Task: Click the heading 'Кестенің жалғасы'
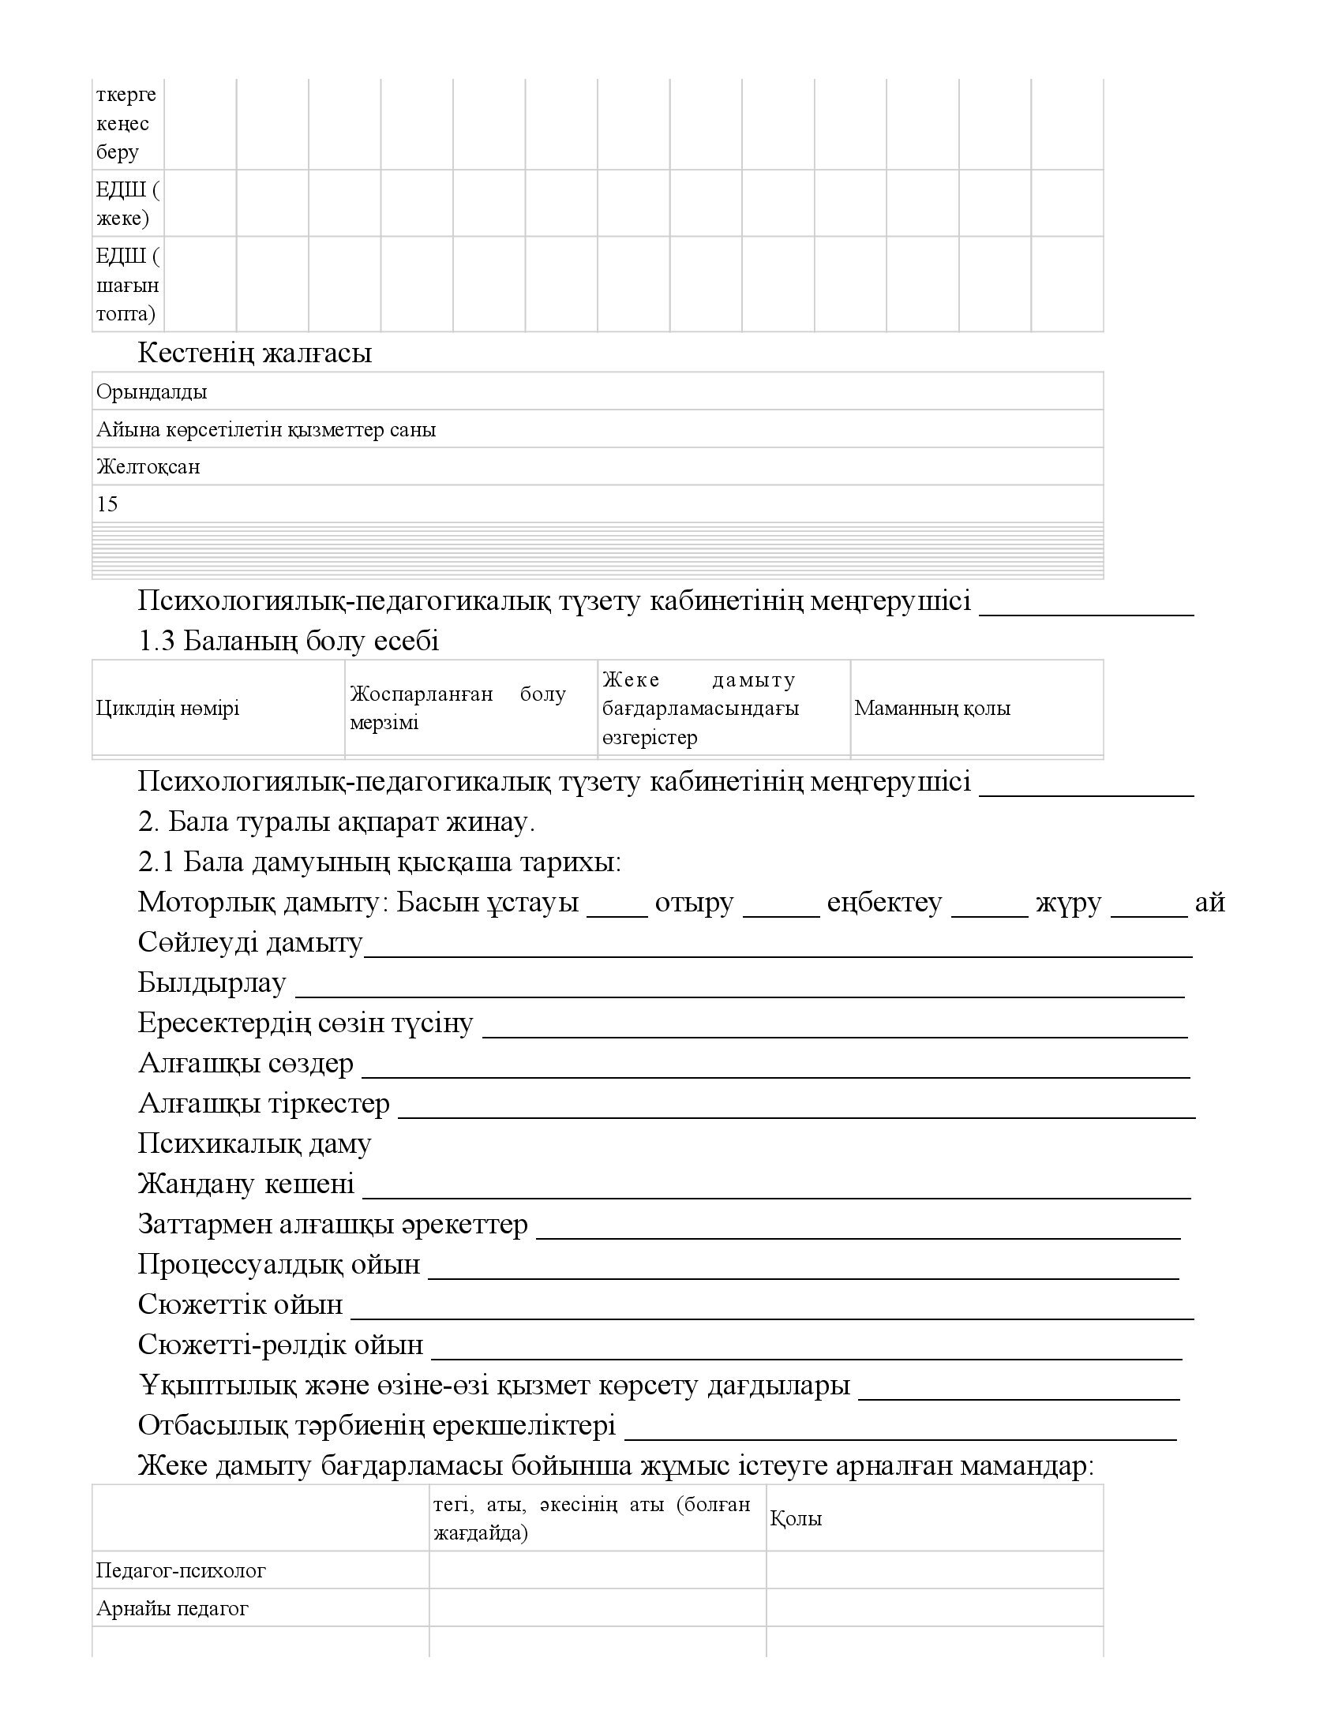254,352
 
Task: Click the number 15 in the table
107,504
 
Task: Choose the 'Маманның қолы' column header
932,708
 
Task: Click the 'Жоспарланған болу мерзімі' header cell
458,708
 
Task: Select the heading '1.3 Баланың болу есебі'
288,641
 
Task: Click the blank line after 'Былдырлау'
740,984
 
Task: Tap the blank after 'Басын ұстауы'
617,904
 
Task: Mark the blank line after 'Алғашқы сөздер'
775,1065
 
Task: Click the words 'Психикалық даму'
254,1144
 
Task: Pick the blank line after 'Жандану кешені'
776,1185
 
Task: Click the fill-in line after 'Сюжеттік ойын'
772,1306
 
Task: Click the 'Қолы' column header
796,1517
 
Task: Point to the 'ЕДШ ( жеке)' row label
127,204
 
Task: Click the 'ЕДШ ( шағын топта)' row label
127,285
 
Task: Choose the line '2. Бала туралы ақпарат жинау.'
336,822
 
